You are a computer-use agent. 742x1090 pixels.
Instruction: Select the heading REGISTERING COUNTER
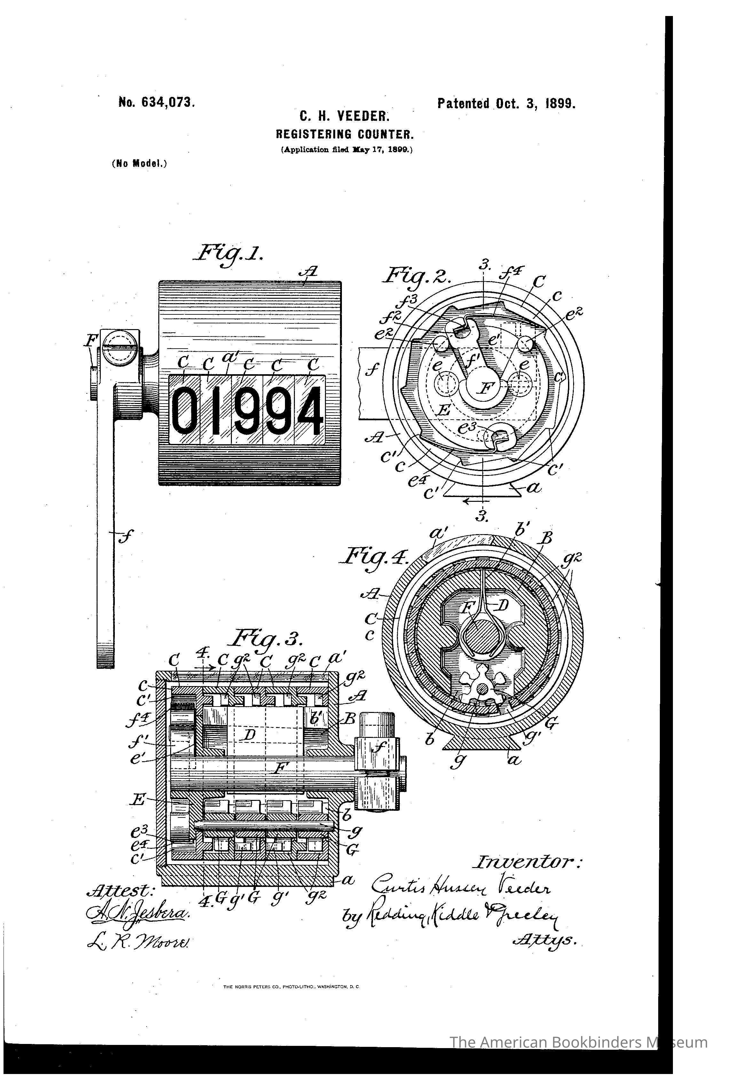pyautogui.click(x=344, y=135)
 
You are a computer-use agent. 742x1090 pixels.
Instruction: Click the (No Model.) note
pyautogui.click(x=139, y=164)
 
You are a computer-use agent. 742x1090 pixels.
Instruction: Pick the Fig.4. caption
pyautogui.click(x=374, y=558)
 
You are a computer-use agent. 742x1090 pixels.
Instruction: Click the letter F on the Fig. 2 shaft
pyautogui.click(x=486, y=387)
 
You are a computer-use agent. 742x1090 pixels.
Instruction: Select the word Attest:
pyautogui.click(x=121, y=890)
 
